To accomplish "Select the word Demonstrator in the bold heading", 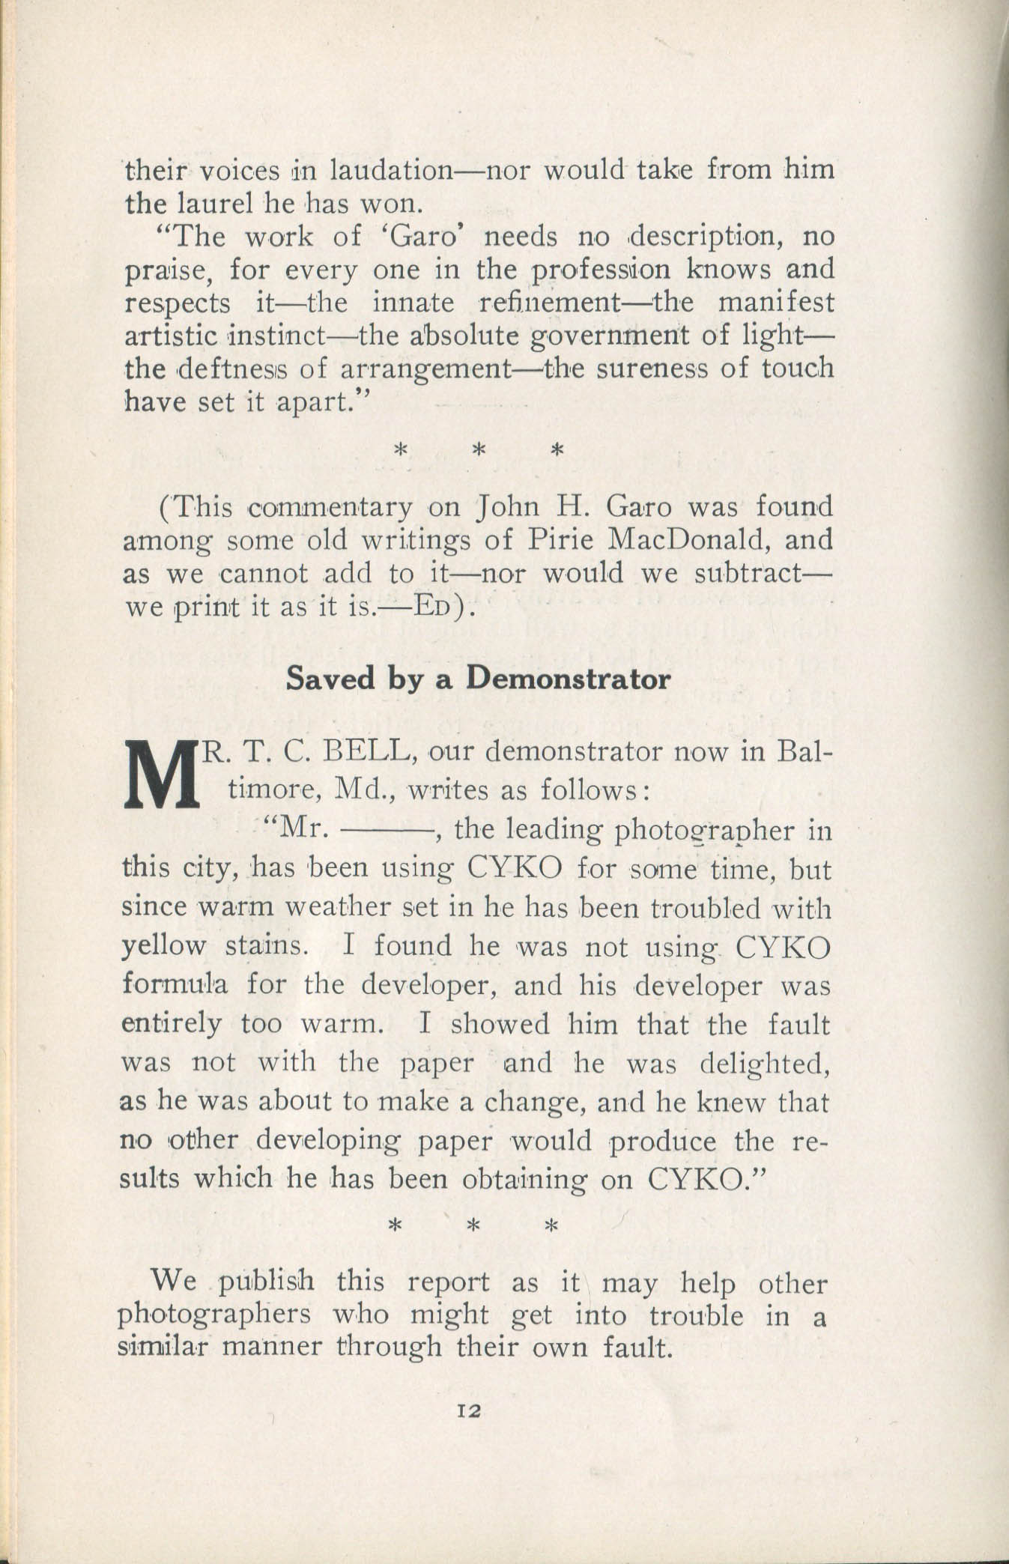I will pyautogui.click(x=567, y=679).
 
